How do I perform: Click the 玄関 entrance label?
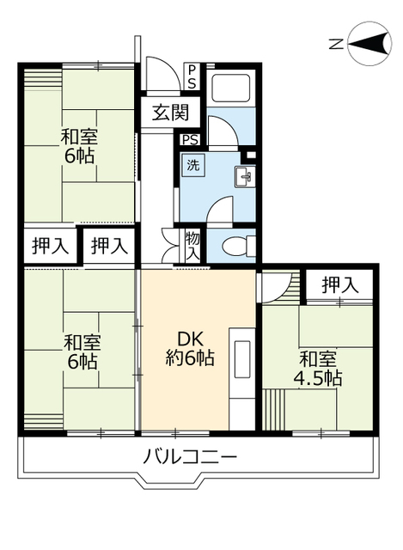click(172, 112)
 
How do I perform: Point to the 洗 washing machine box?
click(193, 165)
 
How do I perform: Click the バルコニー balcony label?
click(190, 456)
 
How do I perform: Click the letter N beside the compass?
click(337, 43)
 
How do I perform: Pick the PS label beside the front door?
click(192, 77)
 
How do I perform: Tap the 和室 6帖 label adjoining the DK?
click(82, 351)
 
